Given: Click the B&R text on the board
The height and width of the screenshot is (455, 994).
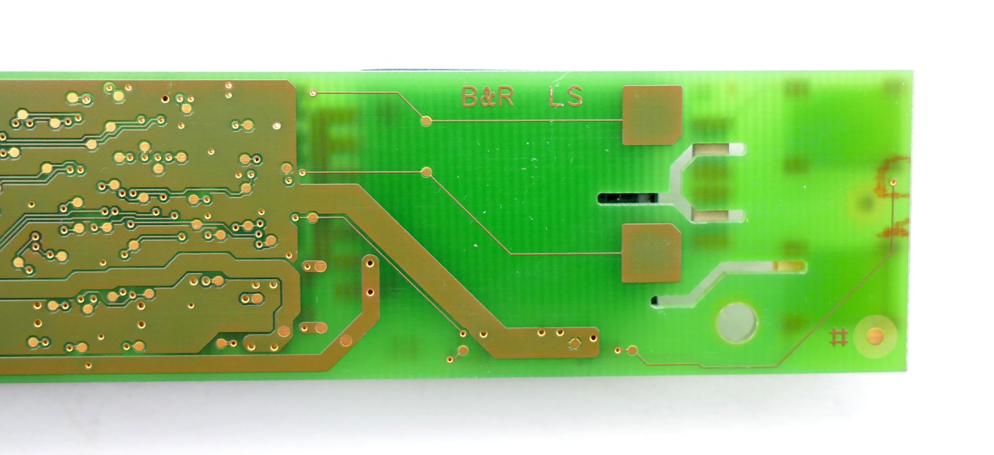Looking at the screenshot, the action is pyautogui.click(x=488, y=97).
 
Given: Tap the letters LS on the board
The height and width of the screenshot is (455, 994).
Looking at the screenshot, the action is pyautogui.click(x=566, y=97).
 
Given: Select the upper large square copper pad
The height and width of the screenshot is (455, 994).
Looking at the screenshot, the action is pyautogui.click(x=652, y=116).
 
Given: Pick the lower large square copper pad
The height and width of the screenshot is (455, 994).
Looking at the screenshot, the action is pyautogui.click(x=651, y=253).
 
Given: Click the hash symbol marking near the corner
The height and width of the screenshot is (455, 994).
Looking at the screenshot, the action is pyautogui.click(x=839, y=338).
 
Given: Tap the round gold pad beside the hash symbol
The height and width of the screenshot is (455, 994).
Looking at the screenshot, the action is pyautogui.click(x=875, y=336).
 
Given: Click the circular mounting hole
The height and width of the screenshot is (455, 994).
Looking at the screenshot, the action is pyautogui.click(x=737, y=322).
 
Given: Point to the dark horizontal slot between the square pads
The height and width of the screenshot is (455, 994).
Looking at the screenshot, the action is pyautogui.click(x=627, y=198).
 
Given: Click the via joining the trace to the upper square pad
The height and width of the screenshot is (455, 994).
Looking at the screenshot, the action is pyautogui.click(x=426, y=121).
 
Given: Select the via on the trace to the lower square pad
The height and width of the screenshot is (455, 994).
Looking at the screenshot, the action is pyautogui.click(x=426, y=172).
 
